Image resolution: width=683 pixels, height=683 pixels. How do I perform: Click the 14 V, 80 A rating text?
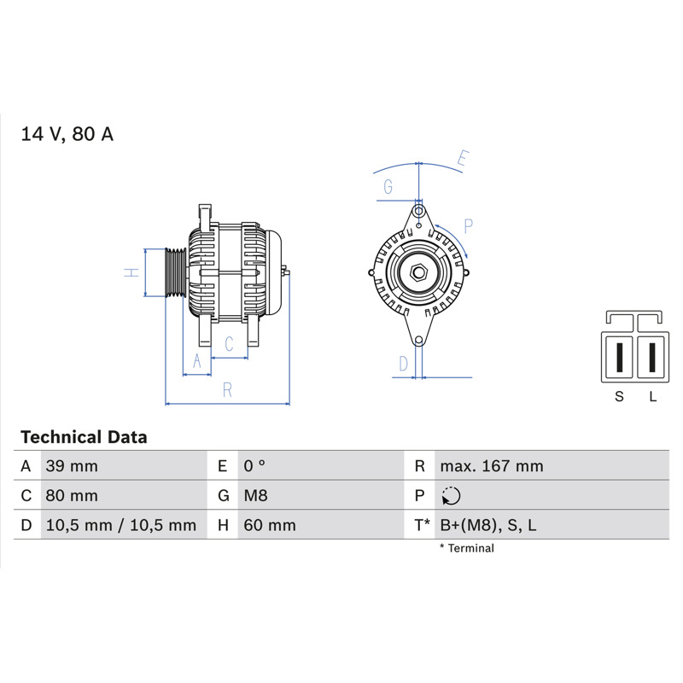(67, 134)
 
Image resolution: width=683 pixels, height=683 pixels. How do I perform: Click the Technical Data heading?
(84, 437)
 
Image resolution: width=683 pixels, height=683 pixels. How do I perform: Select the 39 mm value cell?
(72, 466)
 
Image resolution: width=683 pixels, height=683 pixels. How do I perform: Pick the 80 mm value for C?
(72, 496)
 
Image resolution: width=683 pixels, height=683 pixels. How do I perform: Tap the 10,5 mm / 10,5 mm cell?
(121, 525)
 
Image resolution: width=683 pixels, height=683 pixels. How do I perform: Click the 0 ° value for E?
(254, 466)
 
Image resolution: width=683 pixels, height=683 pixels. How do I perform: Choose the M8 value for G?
(255, 496)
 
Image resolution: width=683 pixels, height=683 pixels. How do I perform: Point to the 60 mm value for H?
(270, 525)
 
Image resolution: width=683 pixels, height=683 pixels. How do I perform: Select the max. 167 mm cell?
(492, 466)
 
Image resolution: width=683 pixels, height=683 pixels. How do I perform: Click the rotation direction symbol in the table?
(451, 496)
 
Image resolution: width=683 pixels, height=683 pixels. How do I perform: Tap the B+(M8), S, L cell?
(488, 525)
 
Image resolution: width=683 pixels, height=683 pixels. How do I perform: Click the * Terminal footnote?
(467, 548)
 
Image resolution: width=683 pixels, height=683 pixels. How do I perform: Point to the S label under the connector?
(619, 396)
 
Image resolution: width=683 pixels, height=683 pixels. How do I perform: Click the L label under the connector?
(652, 396)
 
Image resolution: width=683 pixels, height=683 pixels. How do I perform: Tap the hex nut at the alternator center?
(418, 273)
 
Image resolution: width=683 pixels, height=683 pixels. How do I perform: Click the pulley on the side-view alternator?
(176, 272)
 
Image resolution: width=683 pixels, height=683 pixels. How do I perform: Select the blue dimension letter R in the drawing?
(227, 390)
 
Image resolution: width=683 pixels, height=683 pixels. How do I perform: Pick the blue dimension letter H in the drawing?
(131, 272)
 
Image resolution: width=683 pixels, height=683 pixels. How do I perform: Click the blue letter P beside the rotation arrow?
(468, 226)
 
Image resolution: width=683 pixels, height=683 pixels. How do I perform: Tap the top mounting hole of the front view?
(418, 212)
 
